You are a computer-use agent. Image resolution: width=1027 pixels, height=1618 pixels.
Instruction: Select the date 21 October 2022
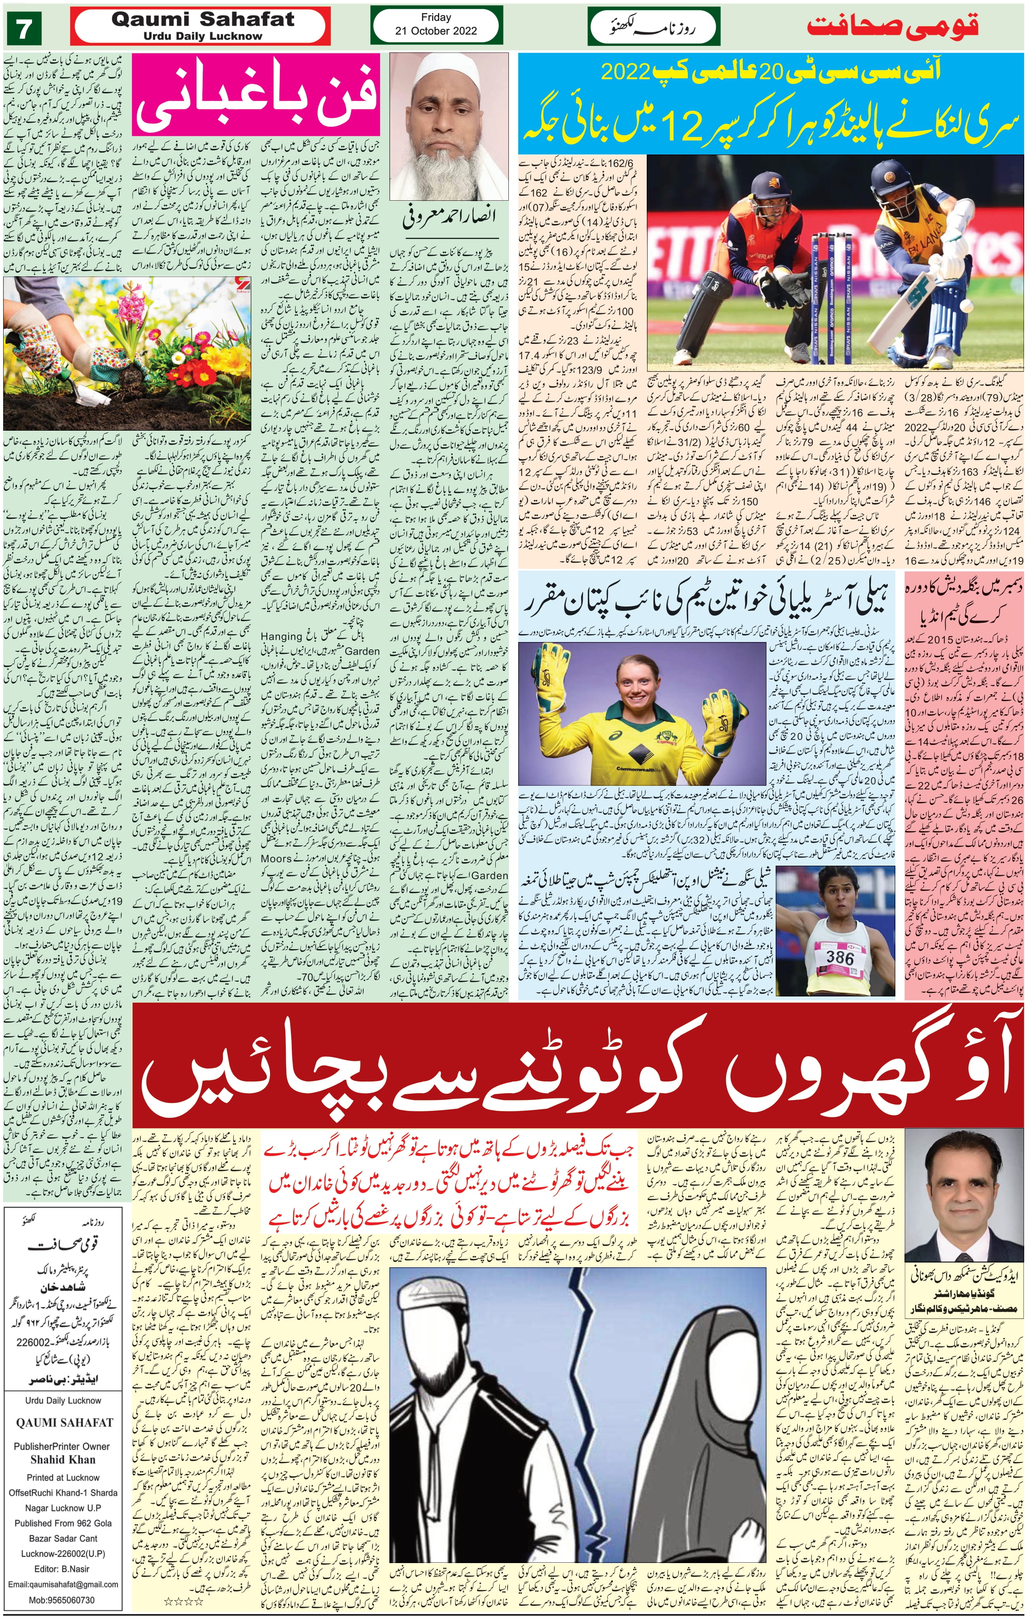(x=436, y=31)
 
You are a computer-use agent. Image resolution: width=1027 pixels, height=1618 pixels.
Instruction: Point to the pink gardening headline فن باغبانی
(x=255, y=98)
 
